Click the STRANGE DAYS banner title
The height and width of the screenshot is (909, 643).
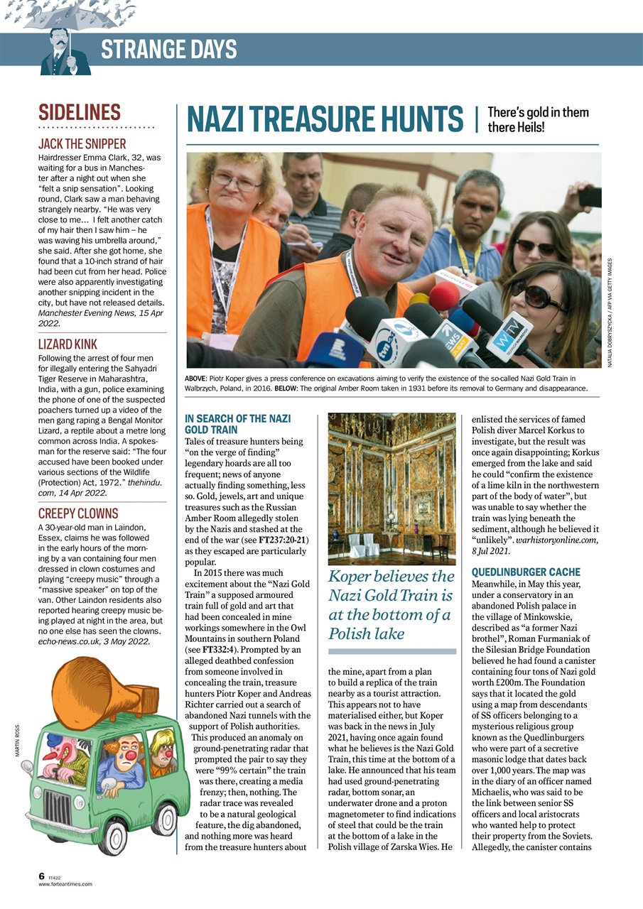coord(168,50)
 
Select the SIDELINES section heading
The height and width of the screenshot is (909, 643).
coord(80,113)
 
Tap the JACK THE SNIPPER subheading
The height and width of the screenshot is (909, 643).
coord(82,144)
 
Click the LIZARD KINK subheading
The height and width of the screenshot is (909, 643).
coord(67,344)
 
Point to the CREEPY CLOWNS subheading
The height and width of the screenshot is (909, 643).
coord(78,513)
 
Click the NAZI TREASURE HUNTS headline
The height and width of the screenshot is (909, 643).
coord(325,119)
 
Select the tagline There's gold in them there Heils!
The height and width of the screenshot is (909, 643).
coord(538,119)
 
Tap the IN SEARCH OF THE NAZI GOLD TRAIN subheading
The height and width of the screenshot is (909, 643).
coord(237,424)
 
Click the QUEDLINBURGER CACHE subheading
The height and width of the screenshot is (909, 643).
coord(526,572)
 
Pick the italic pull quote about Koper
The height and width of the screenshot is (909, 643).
coord(391,604)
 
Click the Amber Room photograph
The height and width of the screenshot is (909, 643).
coord(391,489)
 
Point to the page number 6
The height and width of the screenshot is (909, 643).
coord(42,876)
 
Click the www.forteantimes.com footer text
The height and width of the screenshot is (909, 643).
coord(65,884)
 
